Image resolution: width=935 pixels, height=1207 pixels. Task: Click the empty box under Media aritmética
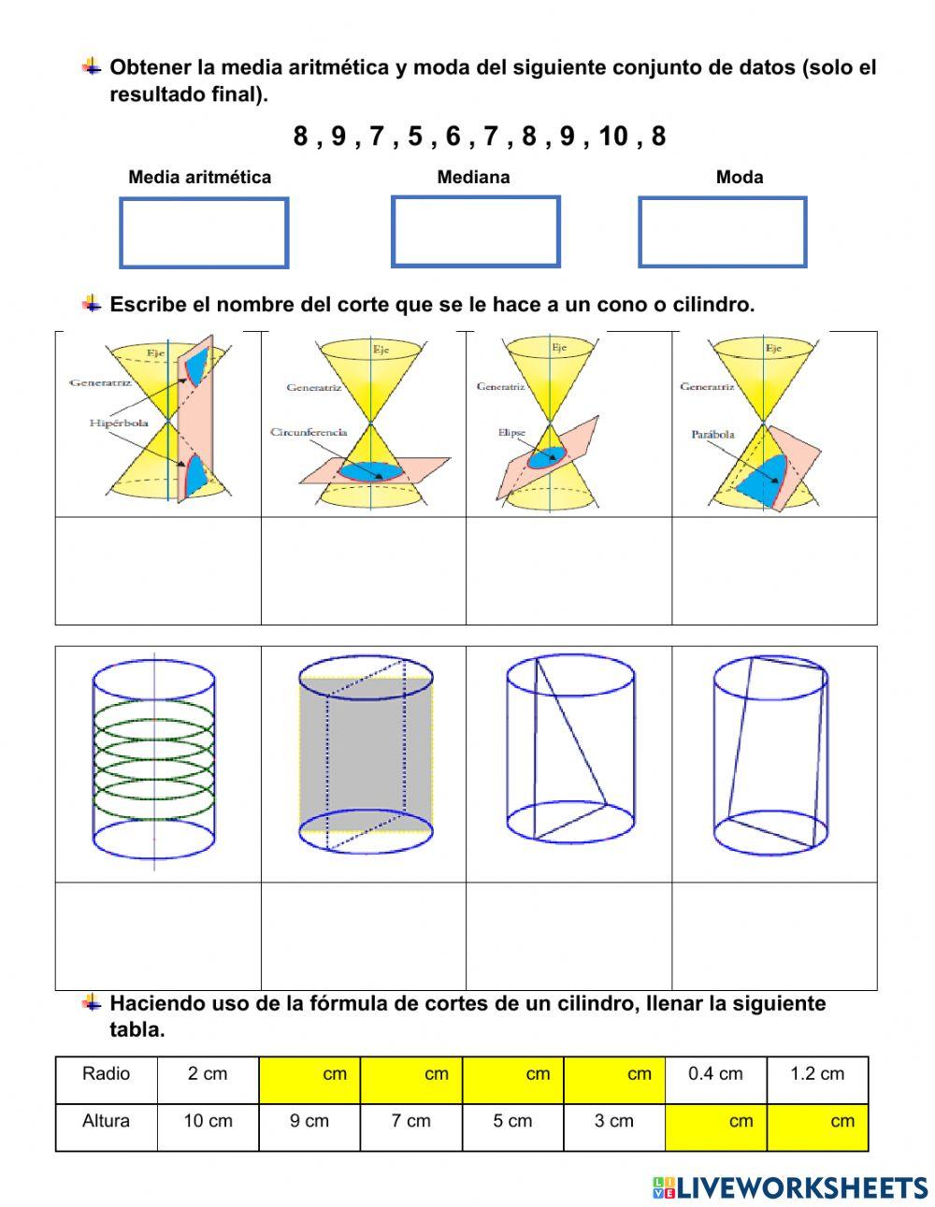pos(204,232)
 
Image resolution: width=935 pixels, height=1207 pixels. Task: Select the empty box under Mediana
pos(475,231)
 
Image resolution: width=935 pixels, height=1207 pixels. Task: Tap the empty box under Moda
pos(722,232)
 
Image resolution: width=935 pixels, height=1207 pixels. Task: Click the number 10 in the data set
pos(613,137)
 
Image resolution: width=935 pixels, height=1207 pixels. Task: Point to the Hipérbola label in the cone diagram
pos(119,424)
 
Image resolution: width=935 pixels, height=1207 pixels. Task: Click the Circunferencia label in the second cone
pos(309,432)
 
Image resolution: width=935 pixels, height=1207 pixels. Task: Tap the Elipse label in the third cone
pos(511,433)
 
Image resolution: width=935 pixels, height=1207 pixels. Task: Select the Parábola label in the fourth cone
pos(712,434)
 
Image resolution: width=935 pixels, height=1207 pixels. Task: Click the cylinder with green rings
pos(154,763)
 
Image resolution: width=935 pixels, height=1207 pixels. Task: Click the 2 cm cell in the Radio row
pos(208,1074)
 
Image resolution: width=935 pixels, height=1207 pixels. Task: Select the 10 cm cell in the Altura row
pos(208,1121)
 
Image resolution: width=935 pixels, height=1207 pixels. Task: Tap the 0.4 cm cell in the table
pos(715,1074)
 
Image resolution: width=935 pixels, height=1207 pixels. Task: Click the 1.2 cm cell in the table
pos(817,1074)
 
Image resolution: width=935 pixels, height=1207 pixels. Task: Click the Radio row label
pos(106,1074)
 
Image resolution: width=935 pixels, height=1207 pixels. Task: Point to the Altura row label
pos(106,1121)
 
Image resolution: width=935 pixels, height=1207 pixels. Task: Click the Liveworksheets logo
pos(789,1187)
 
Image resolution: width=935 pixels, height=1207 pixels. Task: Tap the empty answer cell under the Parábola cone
pos(774,570)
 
